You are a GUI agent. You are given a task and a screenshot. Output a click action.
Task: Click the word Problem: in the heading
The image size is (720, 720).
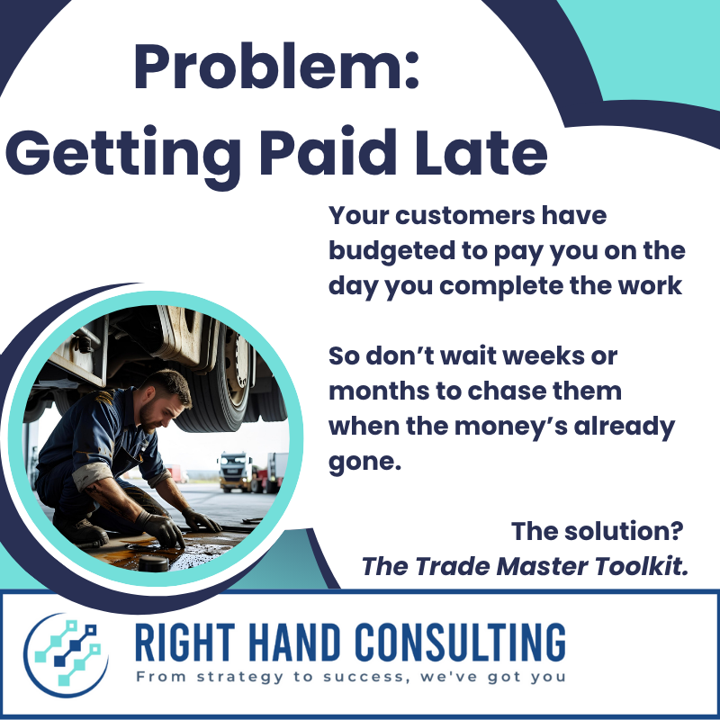(x=276, y=67)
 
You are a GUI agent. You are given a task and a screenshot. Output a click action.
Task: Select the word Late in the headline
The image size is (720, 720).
(x=481, y=150)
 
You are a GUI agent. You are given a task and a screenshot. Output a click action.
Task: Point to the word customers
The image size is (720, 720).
(x=465, y=216)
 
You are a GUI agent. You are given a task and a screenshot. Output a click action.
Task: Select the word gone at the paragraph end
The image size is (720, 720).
(x=362, y=463)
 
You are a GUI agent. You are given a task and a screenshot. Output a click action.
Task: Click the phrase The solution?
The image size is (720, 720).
(x=597, y=531)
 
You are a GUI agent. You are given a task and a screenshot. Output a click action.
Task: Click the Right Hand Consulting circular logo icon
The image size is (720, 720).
(x=66, y=655)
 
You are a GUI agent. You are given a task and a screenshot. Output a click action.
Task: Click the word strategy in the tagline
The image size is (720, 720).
(x=240, y=678)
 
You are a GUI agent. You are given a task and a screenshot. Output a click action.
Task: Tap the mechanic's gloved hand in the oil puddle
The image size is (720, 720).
(x=161, y=529)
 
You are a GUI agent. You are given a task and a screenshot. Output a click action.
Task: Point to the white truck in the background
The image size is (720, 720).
(x=236, y=471)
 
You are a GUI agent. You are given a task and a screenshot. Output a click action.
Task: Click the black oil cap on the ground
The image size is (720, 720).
(x=154, y=563)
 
